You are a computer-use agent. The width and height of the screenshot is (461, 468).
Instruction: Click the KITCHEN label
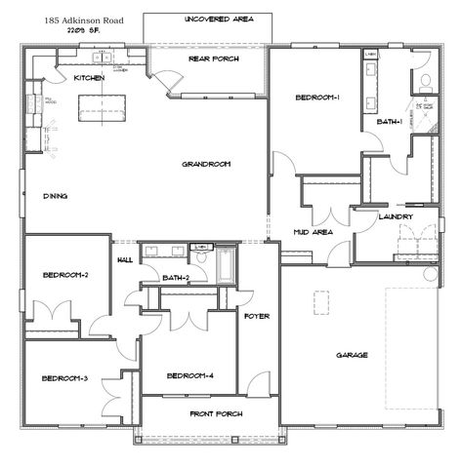(90, 78)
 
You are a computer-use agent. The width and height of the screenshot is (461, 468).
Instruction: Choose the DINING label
(55, 197)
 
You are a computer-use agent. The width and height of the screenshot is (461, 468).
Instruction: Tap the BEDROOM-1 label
(317, 97)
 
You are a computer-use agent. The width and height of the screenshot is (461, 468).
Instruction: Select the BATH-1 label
(390, 122)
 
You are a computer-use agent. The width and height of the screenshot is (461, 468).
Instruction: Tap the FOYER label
(257, 317)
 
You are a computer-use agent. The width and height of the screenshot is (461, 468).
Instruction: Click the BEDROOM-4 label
(189, 376)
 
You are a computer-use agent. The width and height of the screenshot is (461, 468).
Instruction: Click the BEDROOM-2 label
(65, 275)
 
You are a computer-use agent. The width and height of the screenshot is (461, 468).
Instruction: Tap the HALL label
(125, 260)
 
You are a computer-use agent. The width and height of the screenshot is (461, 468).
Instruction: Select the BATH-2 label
(176, 279)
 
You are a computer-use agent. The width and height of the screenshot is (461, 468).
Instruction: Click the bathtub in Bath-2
(226, 264)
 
